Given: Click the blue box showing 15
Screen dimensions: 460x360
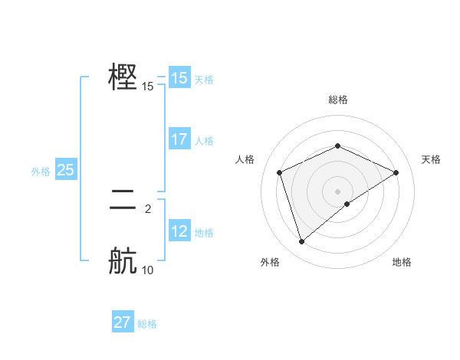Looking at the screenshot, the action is (x=179, y=78).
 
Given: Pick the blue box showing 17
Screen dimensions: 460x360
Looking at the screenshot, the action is (x=179, y=139).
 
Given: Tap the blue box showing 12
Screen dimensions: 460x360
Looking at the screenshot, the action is (x=179, y=231).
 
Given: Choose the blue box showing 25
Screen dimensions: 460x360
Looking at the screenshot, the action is (x=65, y=170).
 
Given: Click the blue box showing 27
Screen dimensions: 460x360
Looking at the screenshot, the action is (x=123, y=322).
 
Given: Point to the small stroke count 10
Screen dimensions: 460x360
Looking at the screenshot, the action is (x=148, y=270).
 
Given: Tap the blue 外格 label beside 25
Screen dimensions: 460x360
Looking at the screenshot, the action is (x=41, y=172).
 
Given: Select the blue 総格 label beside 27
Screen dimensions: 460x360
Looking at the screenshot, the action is (x=147, y=324).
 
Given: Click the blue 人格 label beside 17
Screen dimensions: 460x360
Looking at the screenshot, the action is (x=204, y=141).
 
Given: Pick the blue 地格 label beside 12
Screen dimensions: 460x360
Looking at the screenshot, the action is (x=204, y=233).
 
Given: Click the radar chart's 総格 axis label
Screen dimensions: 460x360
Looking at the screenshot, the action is (x=337, y=100).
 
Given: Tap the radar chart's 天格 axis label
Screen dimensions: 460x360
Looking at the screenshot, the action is (x=431, y=159).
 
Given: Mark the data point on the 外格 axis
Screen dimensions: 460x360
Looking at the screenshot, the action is (x=301, y=242).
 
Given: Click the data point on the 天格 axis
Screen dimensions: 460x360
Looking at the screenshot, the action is (x=396, y=172).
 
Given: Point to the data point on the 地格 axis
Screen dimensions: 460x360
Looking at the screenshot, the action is (x=347, y=204).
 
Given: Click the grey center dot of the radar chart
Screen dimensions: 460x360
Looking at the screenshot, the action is (x=337, y=191).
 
